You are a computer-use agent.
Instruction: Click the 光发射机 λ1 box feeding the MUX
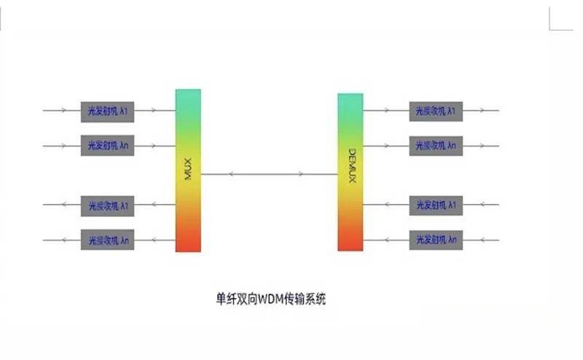point(108,111)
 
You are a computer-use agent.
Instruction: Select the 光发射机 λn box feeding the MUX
point(108,145)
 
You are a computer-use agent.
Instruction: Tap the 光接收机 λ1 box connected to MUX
point(108,205)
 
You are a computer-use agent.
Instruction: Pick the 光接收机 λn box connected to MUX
point(108,239)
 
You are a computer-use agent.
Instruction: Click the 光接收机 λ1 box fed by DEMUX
point(436,111)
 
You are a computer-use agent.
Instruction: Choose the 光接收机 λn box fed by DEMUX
point(436,145)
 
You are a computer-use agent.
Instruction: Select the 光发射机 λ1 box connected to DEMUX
point(436,205)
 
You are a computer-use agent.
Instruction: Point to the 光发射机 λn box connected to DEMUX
point(436,239)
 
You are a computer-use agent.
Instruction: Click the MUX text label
point(188,173)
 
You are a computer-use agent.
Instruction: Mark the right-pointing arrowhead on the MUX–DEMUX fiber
point(301,174)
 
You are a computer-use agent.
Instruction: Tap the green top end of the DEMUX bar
point(351,100)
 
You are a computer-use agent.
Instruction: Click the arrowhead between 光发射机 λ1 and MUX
point(153,111)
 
